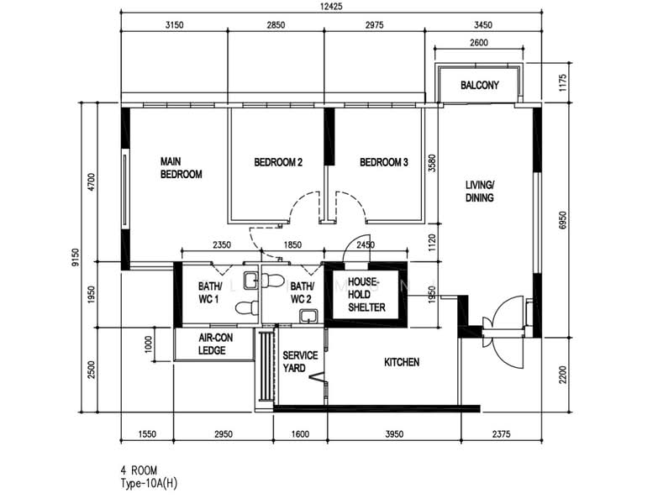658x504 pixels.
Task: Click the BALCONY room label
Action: tap(480, 85)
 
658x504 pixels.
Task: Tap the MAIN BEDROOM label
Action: tap(181, 168)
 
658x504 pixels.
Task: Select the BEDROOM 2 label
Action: tap(278, 162)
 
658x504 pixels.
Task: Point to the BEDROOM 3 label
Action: tap(383, 162)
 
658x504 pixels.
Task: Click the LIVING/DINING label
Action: tap(480, 192)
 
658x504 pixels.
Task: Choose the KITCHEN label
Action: tap(402, 362)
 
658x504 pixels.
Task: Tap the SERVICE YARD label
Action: tap(300, 361)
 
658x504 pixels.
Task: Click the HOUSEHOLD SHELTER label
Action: tap(366, 294)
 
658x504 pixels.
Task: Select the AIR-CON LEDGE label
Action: tap(215, 344)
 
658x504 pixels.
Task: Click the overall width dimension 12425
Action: tap(331, 6)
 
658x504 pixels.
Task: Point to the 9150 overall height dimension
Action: tap(75, 257)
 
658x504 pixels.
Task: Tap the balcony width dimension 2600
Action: tap(479, 42)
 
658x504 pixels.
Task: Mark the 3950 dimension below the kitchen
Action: tap(394, 434)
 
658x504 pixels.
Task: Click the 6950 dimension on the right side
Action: tap(563, 220)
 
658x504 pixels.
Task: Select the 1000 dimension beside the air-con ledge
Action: tap(148, 344)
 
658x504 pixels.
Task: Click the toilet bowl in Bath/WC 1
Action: tap(247, 308)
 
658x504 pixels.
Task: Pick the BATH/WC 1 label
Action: tap(209, 292)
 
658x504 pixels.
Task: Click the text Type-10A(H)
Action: tap(149, 484)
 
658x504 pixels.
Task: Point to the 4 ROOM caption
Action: tap(139, 470)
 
